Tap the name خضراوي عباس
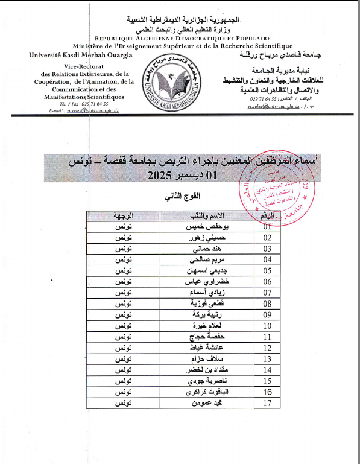[198, 281]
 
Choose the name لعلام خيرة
[200, 326]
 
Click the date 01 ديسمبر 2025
[182, 176]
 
